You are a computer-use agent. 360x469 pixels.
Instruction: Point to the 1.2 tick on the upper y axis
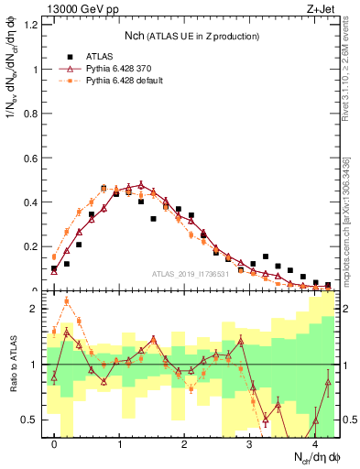coord(30,24)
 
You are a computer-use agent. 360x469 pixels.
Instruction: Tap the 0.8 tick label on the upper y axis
coord(30,114)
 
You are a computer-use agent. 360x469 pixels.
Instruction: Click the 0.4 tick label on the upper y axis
coord(30,202)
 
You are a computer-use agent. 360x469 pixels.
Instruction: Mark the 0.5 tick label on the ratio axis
coord(30,420)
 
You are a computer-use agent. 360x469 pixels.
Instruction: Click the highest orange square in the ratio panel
coord(67,300)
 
